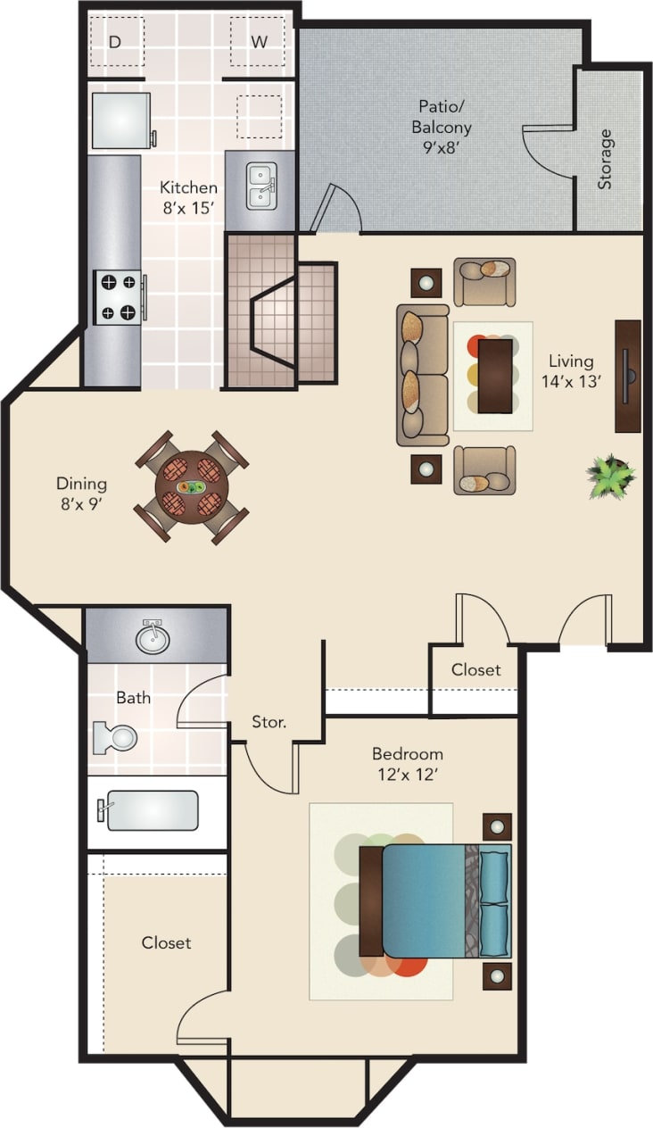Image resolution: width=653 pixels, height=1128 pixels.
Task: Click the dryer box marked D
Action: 115,41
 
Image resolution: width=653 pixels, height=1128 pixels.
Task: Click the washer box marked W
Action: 258,41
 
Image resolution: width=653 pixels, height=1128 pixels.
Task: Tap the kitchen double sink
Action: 260,186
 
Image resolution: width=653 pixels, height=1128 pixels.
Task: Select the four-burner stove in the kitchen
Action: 118,297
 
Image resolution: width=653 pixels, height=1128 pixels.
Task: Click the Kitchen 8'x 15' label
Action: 188,196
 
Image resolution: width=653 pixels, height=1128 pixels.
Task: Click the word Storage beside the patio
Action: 606,160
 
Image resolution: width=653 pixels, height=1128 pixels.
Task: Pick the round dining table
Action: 191,487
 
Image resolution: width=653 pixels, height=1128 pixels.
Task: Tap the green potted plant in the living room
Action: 611,476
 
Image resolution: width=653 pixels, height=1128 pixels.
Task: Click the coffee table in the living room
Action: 494,376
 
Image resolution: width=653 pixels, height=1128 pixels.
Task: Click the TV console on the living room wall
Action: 628,376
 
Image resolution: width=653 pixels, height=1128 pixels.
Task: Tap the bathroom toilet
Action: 116,737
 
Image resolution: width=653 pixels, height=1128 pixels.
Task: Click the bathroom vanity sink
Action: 153,637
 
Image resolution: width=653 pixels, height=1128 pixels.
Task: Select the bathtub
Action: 150,810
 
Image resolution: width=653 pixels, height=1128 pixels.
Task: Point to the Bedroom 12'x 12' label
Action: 407,763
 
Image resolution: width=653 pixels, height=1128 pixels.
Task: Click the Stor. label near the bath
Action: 269,721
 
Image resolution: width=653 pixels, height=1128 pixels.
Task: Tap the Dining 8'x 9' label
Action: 81,493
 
